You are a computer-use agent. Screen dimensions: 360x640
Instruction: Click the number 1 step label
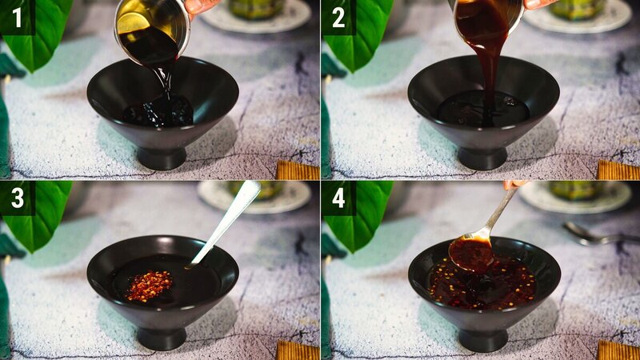(x=17, y=17)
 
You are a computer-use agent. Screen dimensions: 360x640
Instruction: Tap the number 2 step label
(x=338, y=17)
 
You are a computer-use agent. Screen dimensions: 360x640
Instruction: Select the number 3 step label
(x=17, y=198)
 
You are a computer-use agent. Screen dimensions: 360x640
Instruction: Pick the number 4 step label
(x=338, y=198)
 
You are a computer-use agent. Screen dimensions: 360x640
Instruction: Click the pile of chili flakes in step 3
(x=149, y=286)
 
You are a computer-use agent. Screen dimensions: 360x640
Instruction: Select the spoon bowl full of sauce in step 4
(x=470, y=254)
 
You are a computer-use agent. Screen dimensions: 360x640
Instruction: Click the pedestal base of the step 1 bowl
(x=162, y=157)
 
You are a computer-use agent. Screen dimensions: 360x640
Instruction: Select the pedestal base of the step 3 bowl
(x=162, y=337)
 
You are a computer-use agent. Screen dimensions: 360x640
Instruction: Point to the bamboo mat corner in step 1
(x=298, y=170)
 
